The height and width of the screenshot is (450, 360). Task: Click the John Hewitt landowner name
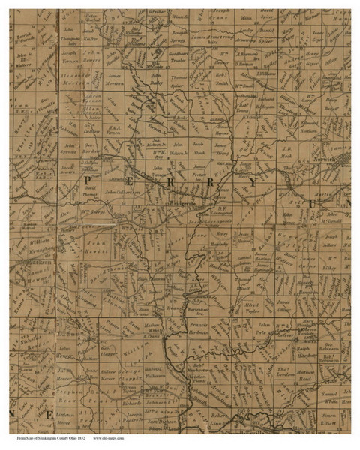pos(92,248)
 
